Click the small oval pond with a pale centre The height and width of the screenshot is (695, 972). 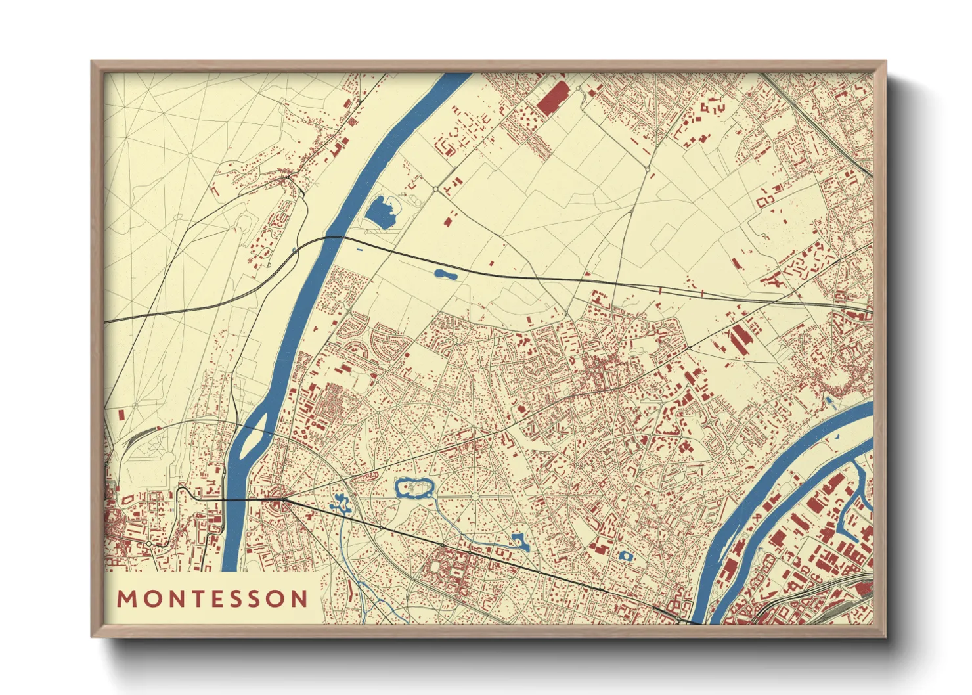(625, 556)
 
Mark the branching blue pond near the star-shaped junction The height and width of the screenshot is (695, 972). (341, 504)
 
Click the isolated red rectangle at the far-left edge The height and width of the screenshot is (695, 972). (121, 415)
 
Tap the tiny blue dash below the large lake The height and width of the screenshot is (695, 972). (358, 250)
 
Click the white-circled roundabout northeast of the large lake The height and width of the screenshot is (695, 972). (435, 189)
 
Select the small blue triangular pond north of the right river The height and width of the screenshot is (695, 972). (828, 399)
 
